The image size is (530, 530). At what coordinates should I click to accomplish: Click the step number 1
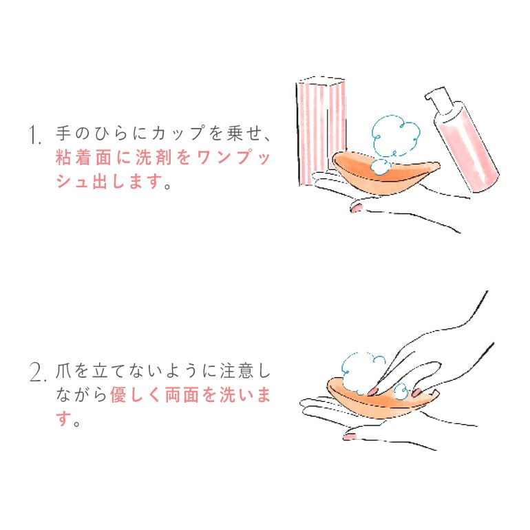[34, 134]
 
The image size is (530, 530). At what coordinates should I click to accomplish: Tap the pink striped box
[321, 130]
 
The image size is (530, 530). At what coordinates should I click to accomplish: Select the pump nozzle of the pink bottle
[437, 97]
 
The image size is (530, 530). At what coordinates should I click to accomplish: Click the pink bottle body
[467, 149]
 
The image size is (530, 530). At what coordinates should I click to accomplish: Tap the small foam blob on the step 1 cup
[380, 167]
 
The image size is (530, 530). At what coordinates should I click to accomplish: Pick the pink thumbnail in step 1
[357, 207]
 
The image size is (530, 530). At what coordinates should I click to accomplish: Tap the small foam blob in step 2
[401, 392]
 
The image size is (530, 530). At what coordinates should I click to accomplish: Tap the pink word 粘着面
[83, 158]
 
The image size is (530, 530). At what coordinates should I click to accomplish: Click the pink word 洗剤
[152, 158]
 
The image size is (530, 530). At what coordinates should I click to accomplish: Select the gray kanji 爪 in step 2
[63, 370]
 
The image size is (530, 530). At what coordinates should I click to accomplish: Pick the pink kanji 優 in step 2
[118, 395]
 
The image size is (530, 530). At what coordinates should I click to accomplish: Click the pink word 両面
[182, 395]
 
